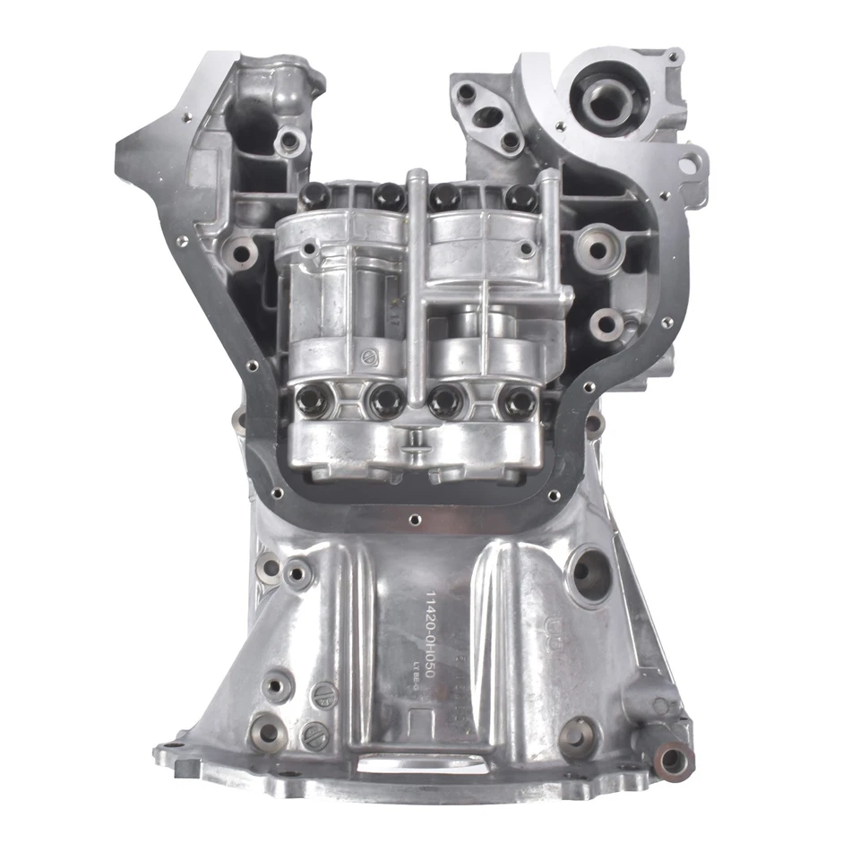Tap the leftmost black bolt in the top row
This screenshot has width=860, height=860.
313,194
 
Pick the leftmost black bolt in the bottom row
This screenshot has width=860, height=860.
315,400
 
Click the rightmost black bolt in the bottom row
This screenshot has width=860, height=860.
518,403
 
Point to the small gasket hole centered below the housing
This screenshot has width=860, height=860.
413,518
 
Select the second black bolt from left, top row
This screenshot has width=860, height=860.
388,195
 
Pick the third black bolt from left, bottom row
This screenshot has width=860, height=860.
446,402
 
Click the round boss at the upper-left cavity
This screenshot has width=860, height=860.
288,140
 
